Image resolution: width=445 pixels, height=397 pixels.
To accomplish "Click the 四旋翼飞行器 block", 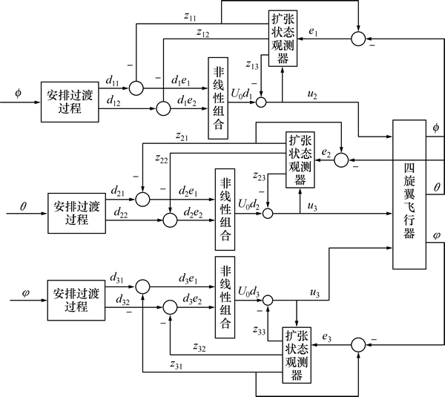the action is pos(409,194).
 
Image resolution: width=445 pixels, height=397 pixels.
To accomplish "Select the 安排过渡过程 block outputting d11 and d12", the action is pos(70,102).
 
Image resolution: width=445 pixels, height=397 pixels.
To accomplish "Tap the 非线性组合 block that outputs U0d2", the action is pos(225,209).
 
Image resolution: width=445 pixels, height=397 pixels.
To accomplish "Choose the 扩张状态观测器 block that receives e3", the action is pos(297,355).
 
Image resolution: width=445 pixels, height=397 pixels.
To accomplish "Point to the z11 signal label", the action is pos(190,16).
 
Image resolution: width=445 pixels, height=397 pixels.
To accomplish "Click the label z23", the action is pos(260,177).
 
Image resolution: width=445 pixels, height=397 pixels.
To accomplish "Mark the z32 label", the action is pos(200,347).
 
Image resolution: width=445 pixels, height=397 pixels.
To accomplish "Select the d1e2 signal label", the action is pos(187,101).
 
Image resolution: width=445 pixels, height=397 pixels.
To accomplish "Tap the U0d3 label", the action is pos(248,292).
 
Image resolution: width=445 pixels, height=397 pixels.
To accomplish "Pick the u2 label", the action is pos(312,95).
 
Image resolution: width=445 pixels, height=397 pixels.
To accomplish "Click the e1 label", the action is pos(313,32).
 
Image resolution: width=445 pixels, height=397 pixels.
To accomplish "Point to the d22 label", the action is pos(121,212).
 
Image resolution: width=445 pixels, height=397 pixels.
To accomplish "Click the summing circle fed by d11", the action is pos(136,88).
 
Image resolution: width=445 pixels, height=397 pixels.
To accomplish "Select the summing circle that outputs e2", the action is pos(341,160).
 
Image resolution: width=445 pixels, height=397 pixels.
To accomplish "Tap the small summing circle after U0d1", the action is pos(261,102).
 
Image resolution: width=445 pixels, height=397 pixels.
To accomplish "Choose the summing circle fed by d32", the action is pos(171,307).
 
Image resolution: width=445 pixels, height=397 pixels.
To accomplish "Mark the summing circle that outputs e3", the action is pos(358,345).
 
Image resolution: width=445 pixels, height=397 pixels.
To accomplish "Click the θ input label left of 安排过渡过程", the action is pos(23,206).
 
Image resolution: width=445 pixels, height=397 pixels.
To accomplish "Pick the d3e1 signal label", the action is pos(188,279).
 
